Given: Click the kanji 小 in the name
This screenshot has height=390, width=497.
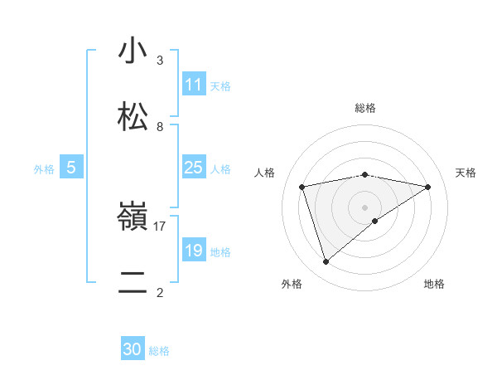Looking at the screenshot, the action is tap(133, 51).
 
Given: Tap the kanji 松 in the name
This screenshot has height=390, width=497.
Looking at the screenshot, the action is tap(133, 116).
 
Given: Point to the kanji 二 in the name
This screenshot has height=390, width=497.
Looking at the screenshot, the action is tap(133, 282).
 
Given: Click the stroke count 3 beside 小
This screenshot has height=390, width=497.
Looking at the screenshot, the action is tap(160, 61).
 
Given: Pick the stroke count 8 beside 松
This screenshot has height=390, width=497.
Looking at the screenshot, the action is tap(160, 126).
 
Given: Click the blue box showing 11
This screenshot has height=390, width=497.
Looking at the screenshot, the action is tap(194, 85).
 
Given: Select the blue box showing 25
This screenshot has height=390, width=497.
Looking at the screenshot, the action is tap(194, 168).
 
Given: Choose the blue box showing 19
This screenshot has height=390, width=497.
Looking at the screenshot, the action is tap(194, 251).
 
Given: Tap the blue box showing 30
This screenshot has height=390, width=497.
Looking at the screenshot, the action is tap(133, 350).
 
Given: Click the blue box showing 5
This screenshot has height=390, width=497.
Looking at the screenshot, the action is tap(71, 168).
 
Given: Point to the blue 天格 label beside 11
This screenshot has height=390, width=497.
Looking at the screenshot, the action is tap(220, 85).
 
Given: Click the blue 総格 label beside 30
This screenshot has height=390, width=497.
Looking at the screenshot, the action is tap(159, 351).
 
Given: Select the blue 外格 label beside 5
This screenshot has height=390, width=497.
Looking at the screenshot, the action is tap(44, 168).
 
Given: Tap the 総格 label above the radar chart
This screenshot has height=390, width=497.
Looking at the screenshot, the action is tap(365, 108).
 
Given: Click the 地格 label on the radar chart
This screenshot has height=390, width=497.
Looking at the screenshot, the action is tap(434, 284).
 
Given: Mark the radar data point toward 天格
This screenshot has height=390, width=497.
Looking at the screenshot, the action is tap(428, 187).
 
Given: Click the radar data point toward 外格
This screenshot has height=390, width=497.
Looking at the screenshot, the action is tap(326, 262).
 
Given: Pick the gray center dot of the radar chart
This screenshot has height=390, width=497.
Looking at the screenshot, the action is tap(365, 207).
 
